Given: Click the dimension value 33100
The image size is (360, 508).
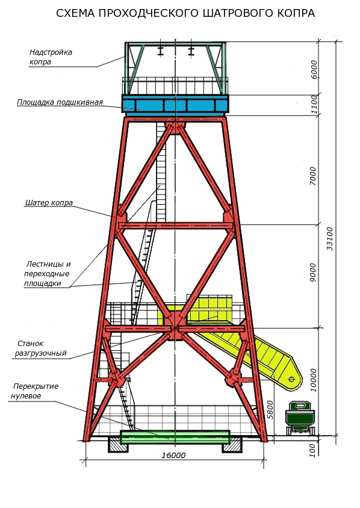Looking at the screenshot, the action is [330, 239].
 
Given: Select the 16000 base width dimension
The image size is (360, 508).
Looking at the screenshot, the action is [174, 456].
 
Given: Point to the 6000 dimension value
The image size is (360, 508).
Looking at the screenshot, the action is [314, 69].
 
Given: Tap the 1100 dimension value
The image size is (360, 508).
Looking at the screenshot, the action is [314, 104].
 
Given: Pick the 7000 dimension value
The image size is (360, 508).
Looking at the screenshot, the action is [312, 176].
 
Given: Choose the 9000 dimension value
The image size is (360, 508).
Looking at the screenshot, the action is [312, 273].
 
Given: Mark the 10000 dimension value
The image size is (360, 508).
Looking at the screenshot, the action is [313, 380].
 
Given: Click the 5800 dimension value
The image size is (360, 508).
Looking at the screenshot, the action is [270, 410].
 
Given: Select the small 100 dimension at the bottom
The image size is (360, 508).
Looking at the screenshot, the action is [312, 450].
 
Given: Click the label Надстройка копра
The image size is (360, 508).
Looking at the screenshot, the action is [51, 57].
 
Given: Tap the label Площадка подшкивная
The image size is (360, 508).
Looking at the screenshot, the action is [60, 102].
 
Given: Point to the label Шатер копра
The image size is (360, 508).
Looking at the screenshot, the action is [49, 203].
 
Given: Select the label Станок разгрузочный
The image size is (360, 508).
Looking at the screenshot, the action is [41, 348].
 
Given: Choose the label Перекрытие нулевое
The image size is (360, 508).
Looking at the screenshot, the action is [35, 391].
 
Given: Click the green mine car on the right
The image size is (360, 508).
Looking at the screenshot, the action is [300, 418].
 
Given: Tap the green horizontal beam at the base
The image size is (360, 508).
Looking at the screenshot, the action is [175, 437].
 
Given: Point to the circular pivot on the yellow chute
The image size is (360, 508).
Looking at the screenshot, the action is [291, 379].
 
